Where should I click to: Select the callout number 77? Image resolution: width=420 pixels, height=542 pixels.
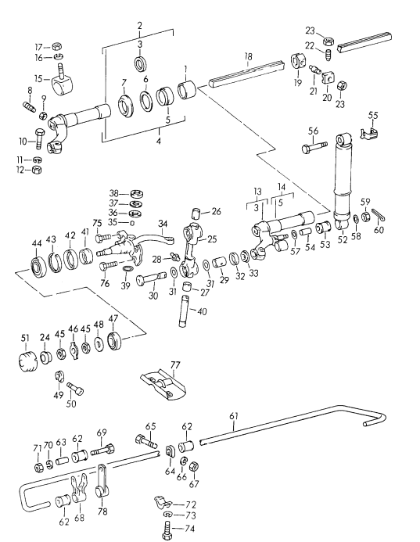pyautogui.click(x=176, y=365)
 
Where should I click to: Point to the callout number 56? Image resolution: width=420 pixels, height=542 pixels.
pyautogui.click(x=313, y=131)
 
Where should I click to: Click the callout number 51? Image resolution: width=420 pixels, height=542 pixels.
pyautogui.click(x=24, y=338)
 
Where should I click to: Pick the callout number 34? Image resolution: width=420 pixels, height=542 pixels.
pyautogui.click(x=163, y=224)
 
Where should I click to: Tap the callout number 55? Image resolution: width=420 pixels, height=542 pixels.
pyautogui.click(x=373, y=115)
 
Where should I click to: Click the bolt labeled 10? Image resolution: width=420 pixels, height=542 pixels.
pyautogui.click(x=38, y=142)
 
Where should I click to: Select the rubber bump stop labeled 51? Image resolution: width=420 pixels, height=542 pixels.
pyautogui.click(x=27, y=363)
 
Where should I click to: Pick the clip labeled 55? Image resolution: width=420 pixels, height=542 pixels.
pyautogui.click(x=370, y=133)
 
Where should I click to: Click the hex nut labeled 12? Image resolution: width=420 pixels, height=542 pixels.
pyautogui.click(x=37, y=169)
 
